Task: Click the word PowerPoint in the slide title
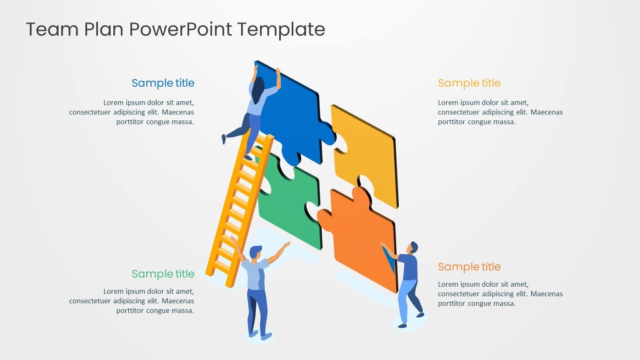click(x=180, y=29)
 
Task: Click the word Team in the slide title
click(x=52, y=29)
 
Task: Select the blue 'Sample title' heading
click(x=163, y=83)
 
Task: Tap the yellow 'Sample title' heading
click(x=469, y=83)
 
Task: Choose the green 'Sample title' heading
click(x=163, y=274)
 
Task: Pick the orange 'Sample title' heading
click(x=469, y=267)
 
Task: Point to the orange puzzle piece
click(x=360, y=237)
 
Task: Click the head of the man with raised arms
click(x=255, y=252)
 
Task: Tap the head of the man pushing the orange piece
click(x=414, y=247)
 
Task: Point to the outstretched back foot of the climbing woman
click(x=224, y=139)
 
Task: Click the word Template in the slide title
click(x=281, y=30)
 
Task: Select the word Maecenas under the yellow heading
click(x=547, y=112)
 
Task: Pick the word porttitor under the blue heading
click(x=130, y=122)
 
